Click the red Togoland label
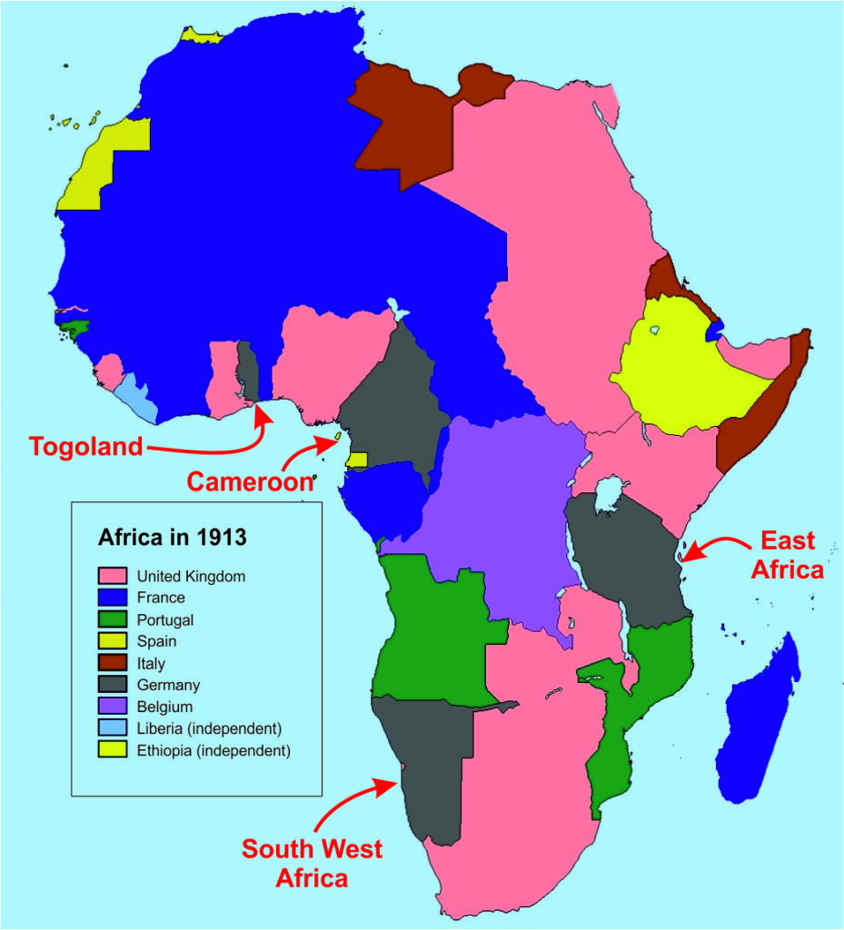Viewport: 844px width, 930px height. tap(86, 447)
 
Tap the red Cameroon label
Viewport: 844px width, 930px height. tap(250, 480)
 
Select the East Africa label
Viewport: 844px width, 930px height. tap(788, 556)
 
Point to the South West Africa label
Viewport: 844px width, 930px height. tap(312, 864)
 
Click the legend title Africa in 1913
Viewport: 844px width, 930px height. tap(172, 537)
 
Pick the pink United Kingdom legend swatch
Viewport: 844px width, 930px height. tap(112, 576)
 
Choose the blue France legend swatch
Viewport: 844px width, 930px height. tap(112, 598)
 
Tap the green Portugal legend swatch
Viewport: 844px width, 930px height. tap(112, 619)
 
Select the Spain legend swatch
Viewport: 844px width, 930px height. tap(112, 641)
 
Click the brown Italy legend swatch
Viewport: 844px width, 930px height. tap(112, 663)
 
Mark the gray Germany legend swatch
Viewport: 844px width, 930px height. tap(112, 685)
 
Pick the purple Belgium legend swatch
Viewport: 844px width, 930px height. tap(112, 707)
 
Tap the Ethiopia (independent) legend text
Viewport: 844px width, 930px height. tap(213, 751)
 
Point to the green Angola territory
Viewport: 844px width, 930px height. tap(427, 627)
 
